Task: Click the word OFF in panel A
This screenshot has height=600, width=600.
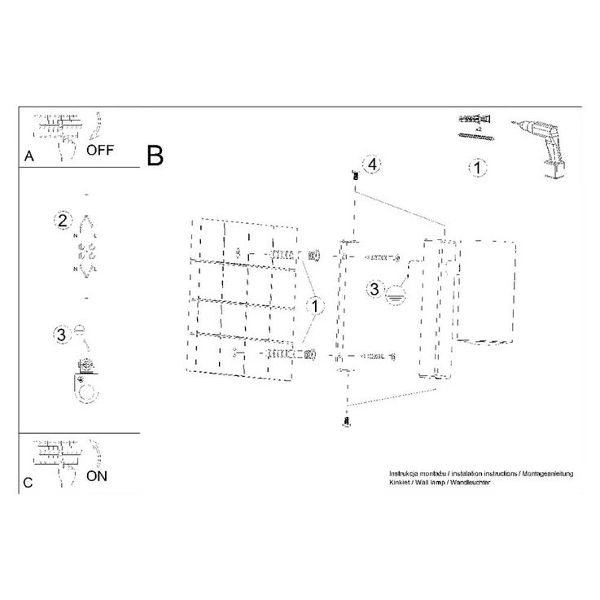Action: tap(100, 150)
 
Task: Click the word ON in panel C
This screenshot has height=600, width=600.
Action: tap(97, 476)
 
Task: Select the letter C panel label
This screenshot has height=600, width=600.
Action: tap(28, 483)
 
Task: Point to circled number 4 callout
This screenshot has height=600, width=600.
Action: tap(370, 164)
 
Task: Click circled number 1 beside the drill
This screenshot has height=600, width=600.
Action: tap(478, 168)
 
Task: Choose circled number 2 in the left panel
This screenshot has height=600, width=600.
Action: tap(61, 221)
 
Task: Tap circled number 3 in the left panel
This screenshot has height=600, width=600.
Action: tap(61, 333)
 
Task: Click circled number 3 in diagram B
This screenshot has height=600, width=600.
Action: tap(374, 288)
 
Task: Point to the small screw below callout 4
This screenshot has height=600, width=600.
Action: tap(355, 175)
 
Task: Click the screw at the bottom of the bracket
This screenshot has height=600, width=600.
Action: tap(346, 421)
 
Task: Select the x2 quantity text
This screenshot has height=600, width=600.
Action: tap(479, 129)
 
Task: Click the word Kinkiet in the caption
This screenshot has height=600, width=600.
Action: tap(402, 482)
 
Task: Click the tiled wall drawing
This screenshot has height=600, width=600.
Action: tap(244, 297)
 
